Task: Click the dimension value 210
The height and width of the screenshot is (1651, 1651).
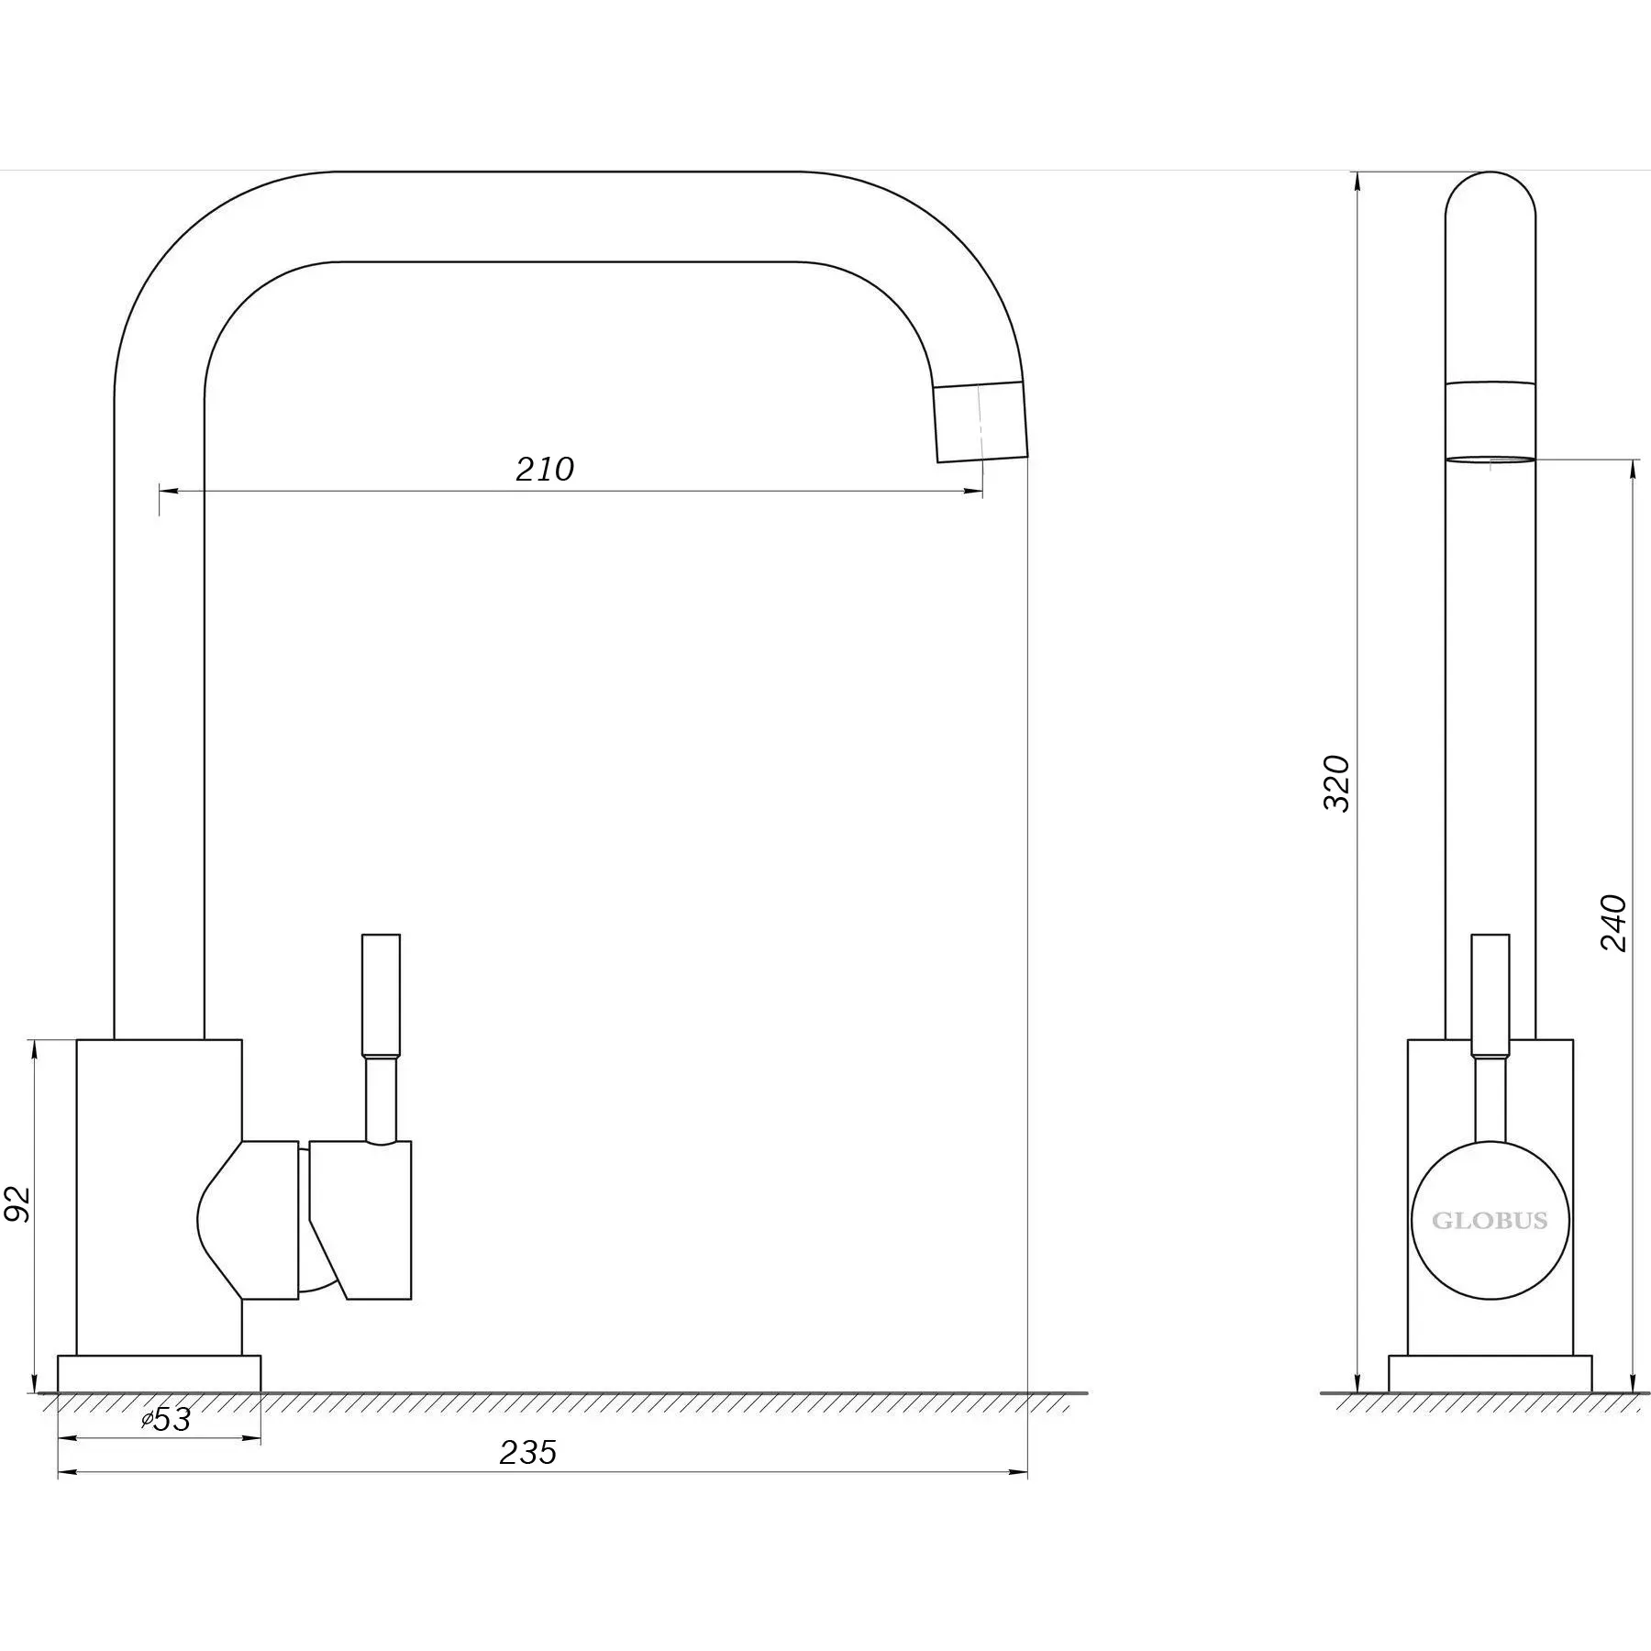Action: pos(545,470)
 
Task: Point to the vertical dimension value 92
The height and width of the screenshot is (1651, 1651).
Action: pos(19,1203)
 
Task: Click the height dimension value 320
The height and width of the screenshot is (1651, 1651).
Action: pos(1336,782)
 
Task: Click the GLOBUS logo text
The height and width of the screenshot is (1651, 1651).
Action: pos(1490,1221)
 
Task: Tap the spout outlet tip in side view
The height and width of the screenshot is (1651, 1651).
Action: pos(1490,460)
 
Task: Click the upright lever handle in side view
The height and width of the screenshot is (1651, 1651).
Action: pos(1490,995)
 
